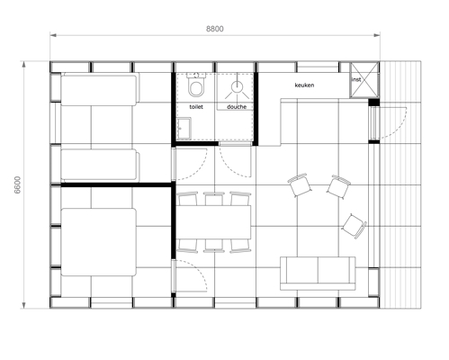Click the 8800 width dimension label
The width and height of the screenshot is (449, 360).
pyautogui.click(x=215, y=29)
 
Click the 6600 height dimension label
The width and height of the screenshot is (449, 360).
pyautogui.click(x=18, y=184)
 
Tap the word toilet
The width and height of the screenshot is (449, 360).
pyautogui.click(x=196, y=107)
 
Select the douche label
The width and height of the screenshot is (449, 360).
pyautogui.click(x=237, y=107)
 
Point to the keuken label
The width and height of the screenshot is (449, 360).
pyautogui.click(x=304, y=85)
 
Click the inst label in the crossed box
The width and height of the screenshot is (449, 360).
pyautogui.click(x=356, y=79)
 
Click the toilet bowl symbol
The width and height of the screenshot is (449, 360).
pyautogui.click(x=196, y=85)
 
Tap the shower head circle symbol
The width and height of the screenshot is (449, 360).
pyautogui.click(x=237, y=85)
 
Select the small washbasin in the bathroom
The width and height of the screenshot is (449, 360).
pyautogui.click(x=184, y=129)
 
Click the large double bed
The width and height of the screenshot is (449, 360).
pyautogui.click(x=99, y=242)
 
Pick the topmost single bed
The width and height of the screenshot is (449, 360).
pyautogui.click(x=100, y=89)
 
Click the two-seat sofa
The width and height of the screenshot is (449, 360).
pyautogui.click(x=318, y=274)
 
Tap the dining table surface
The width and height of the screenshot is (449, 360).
pyautogui.click(x=213, y=222)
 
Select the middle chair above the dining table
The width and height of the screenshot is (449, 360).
pyautogui.click(x=213, y=199)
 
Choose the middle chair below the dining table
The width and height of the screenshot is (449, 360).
pyautogui.click(x=213, y=246)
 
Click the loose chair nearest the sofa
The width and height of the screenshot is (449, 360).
pyautogui.click(x=355, y=226)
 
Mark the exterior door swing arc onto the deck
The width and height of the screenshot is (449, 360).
pyautogui.click(x=400, y=126)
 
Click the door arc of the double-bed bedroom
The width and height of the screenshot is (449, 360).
pyautogui.click(x=198, y=273)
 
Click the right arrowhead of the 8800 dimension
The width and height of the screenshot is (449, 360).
pyautogui.click(x=377, y=35)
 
